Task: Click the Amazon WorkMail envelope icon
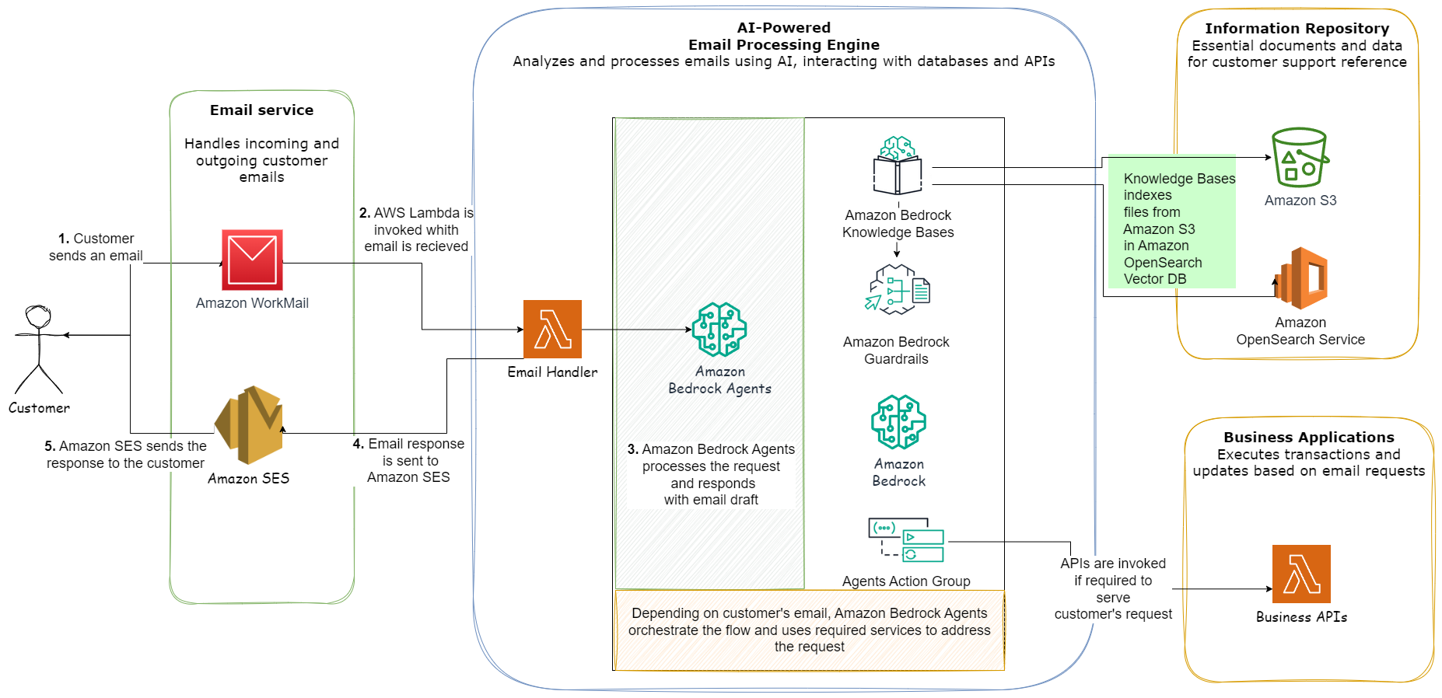pos(252,260)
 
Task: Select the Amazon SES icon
pos(249,425)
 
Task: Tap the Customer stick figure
pos(39,350)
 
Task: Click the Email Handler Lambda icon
pos(552,330)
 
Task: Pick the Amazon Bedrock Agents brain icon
pos(719,330)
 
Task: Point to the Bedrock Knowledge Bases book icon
pos(898,166)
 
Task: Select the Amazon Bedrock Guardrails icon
pos(898,289)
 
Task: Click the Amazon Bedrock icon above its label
pos(898,422)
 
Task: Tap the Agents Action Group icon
pos(906,539)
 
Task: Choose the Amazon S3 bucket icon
pos(1300,157)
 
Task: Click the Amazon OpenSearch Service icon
pos(1300,278)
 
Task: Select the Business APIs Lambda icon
pos(1301,574)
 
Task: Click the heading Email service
pos(262,110)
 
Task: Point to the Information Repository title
pos(1297,29)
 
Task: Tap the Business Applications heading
pos(1309,438)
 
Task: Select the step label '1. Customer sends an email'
pos(96,247)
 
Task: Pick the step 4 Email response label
pos(409,460)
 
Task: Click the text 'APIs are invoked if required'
pos(1113,572)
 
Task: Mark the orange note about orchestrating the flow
pos(809,630)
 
